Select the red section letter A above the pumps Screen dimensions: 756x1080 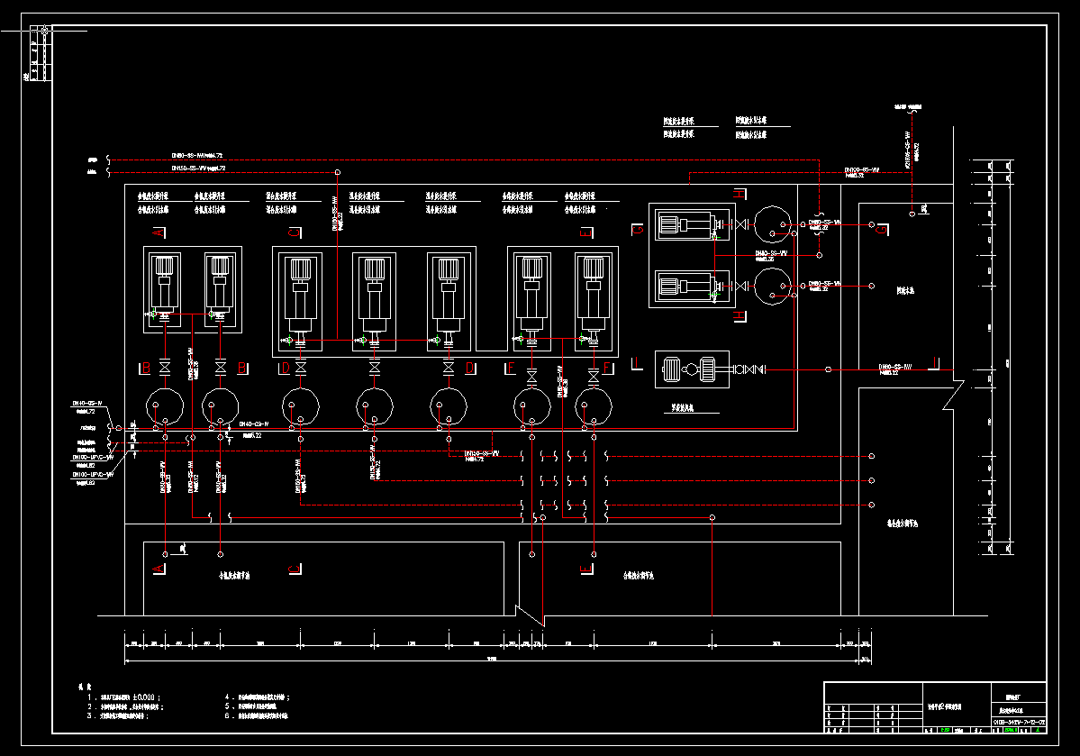(x=159, y=233)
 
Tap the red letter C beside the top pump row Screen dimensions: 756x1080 (x=293, y=233)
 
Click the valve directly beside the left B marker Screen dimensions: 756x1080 (x=164, y=368)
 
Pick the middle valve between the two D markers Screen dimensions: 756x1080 (x=375, y=368)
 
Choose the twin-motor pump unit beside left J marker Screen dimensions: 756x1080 (x=691, y=369)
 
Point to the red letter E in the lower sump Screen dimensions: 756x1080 (x=586, y=569)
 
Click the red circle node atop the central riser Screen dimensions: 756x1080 (x=338, y=172)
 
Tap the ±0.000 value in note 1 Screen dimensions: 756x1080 (x=144, y=697)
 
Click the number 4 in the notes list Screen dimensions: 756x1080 (x=227, y=697)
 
